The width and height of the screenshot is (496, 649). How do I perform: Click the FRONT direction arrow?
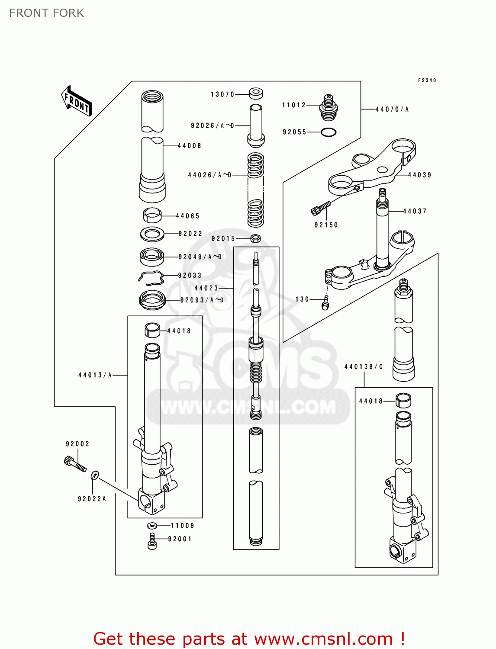pos(77,101)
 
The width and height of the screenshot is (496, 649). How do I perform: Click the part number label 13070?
pos(222,94)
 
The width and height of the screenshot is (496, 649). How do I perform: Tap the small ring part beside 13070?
pos(256,93)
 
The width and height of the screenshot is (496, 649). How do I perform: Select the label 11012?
pos(294,105)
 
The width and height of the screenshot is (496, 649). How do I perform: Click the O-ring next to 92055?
pos(329,132)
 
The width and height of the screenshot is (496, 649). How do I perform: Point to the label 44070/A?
pos(392,109)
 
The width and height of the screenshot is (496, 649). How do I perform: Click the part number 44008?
pos(190,146)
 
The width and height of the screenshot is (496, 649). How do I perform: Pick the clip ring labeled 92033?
pos(151,278)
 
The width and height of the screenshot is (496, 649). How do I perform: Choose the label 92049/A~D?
pos(200,257)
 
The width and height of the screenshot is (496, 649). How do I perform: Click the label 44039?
pos(419,175)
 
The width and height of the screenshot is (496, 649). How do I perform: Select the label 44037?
pos(415,211)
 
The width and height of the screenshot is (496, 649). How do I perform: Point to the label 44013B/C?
pos(364,367)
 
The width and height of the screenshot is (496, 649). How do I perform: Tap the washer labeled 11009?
pos(152,526)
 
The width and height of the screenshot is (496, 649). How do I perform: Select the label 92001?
pos(180,539)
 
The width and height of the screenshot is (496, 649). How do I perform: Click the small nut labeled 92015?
pos(256,238)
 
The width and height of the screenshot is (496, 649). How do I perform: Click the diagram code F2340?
pos(427,80)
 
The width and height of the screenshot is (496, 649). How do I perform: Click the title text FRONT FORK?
pos(47,13)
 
